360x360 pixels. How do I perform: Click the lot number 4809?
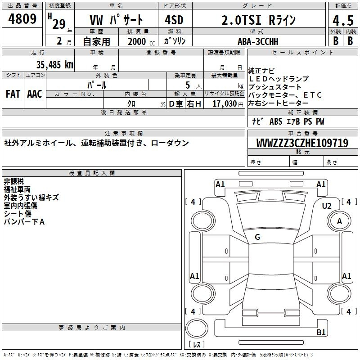point(22,19)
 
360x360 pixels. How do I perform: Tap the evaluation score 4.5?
point(343,20)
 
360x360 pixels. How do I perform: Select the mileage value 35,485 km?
point(54,65)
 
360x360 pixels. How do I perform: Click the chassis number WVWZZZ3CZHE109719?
point(302,143)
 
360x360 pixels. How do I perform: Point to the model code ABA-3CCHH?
point(258,41)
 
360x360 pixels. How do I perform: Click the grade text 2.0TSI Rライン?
point(258,20)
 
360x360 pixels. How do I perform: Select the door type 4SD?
point(174,20)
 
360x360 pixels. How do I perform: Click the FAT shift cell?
point(13,94)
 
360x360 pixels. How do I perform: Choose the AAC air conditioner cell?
point(35,94)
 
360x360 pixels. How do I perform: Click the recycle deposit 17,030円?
point(228,103)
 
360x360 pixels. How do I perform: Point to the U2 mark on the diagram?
point(327,206)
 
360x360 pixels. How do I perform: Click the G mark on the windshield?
point(257,237)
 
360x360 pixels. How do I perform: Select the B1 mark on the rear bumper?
point(321,332)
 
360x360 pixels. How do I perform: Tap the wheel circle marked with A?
point(339,221)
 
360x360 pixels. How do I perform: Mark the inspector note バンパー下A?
point(24,222)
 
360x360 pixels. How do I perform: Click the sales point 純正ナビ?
point(261,71)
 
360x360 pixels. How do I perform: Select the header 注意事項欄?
point(124,133)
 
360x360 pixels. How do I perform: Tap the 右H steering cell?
point(194,104)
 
